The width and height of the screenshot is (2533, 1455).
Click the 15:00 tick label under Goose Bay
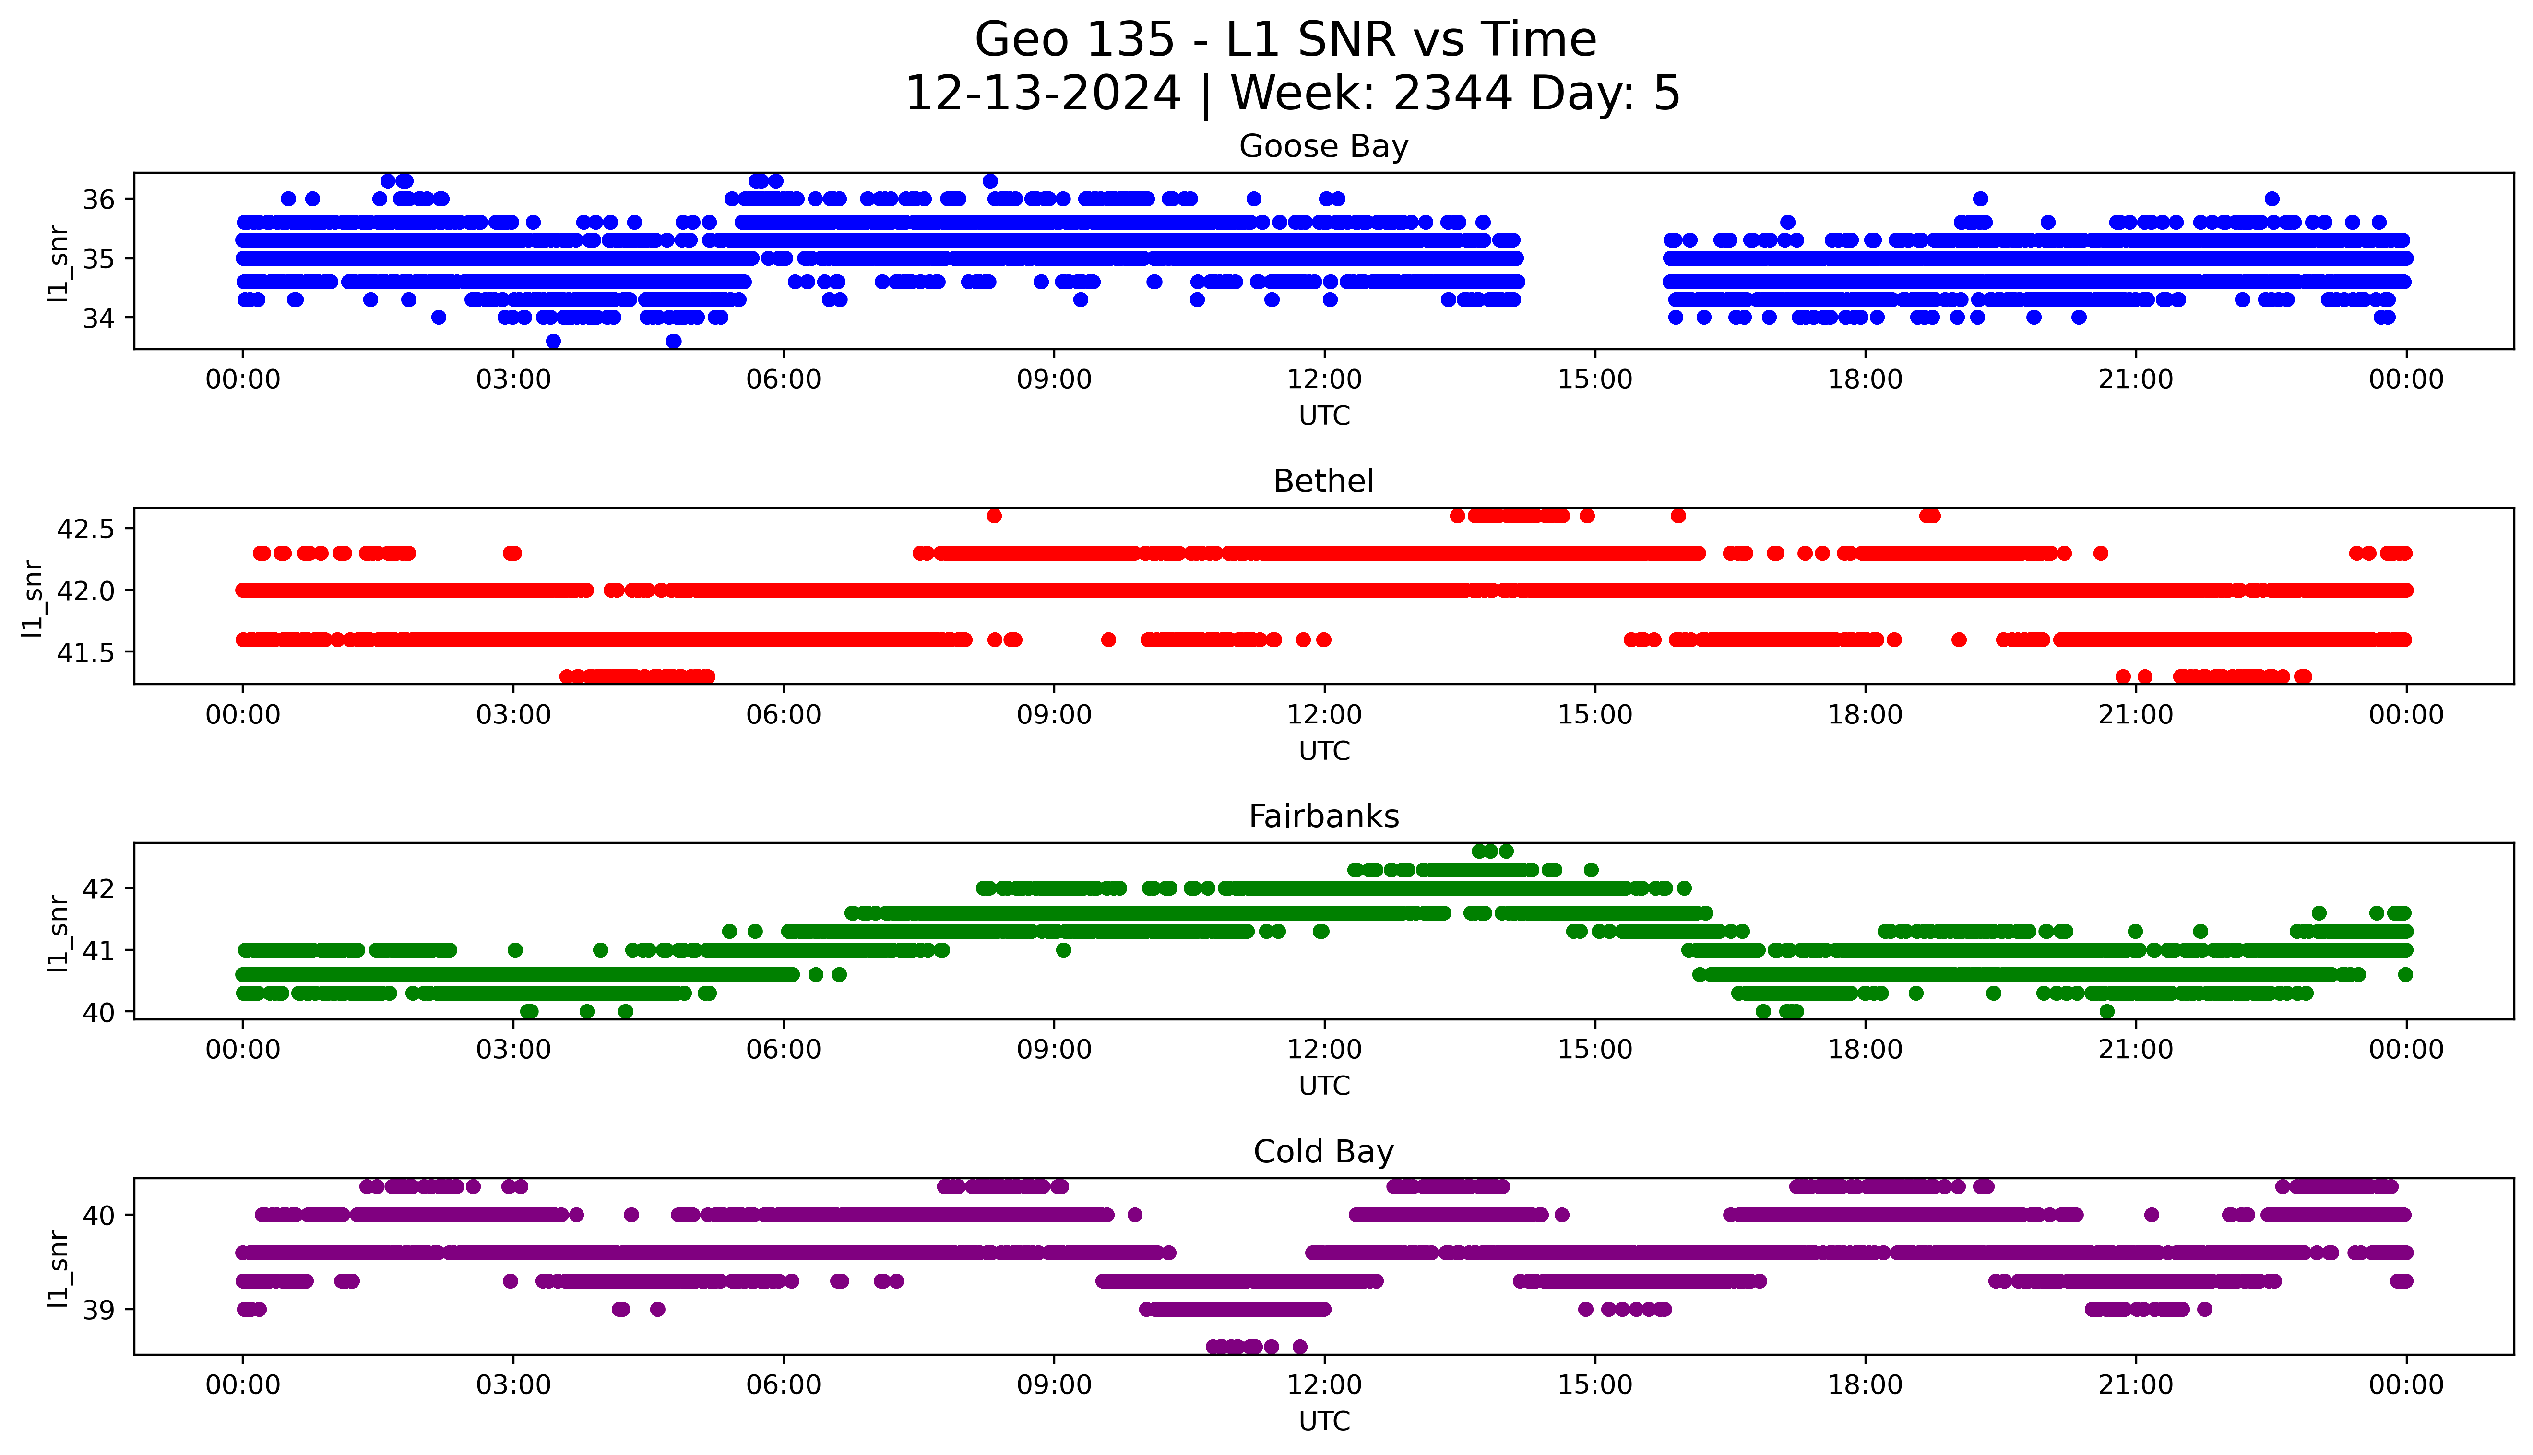point(1595,380)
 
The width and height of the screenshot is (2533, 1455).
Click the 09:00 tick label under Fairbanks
point(1054,1050)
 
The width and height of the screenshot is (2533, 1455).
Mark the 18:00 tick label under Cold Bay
point(1866,1385)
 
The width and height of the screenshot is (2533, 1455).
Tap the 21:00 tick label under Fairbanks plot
point(2135,1050)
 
